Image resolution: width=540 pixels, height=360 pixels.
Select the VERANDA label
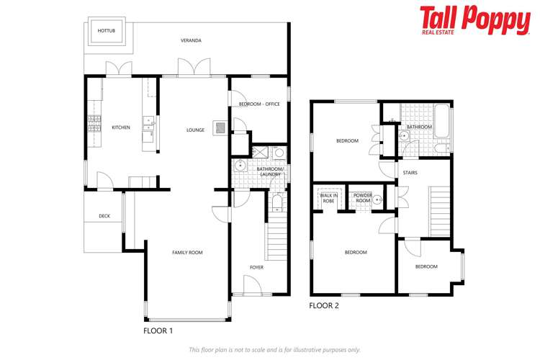pyautogui.click(x=191, y=40)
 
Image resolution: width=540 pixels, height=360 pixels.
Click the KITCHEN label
pyautogui.click(x=121, y=127)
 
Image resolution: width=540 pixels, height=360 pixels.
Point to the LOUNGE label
pyautogui.click(x=195, y=130)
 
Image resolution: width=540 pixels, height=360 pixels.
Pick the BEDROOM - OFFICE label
pyautogui.click(x=259, y=104)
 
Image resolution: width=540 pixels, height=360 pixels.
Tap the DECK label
pyautogui.click(x=104, y=215)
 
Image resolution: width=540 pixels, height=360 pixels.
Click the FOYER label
pyautogui.click(x=256, y=267)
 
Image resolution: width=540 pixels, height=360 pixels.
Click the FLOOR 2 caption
pyautogui.click(x=324, y=305)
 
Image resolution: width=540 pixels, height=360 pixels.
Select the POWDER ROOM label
pyautogui.click(x=362, y=198)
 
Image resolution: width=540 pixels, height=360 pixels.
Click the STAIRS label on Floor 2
pyautogui.click(x=410, y=173)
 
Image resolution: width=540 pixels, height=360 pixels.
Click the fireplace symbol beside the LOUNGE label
pyautogui.click(x=221, y=126)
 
